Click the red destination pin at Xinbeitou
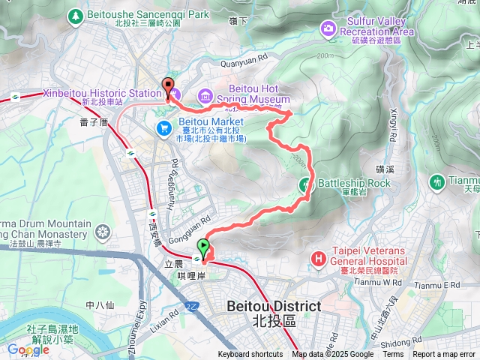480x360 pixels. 168,86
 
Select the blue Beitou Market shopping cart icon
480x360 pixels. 163,128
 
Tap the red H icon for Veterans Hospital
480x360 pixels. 319,259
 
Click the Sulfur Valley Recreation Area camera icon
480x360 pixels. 328,28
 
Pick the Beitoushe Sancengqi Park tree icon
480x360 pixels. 76,15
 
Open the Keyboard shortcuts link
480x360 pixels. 250,355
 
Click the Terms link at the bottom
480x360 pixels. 393,355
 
